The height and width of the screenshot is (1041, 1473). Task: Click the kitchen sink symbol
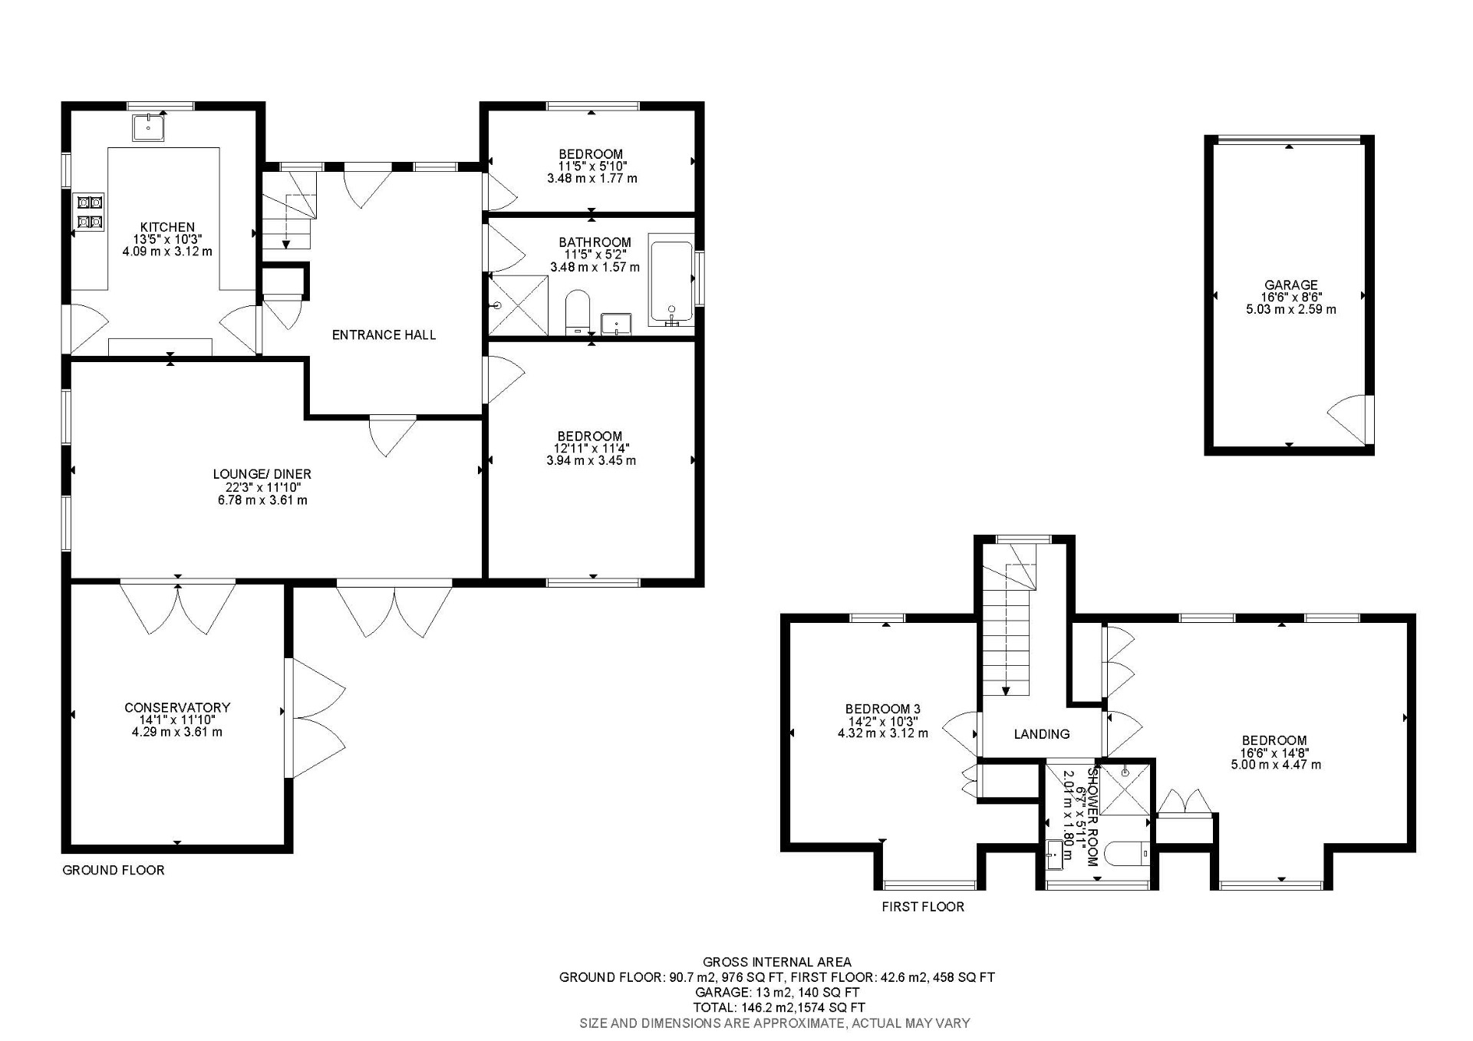click(148, 127)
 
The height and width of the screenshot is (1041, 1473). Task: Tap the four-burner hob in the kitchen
click(88, 212)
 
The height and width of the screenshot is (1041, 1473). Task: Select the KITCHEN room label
click(167, 227)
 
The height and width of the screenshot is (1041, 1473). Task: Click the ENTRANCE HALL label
click(384, 334)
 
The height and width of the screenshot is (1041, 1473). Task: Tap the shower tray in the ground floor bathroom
click(519, 305)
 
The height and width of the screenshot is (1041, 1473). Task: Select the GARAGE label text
click(1291, 285)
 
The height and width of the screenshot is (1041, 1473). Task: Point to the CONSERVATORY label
click(177, 707)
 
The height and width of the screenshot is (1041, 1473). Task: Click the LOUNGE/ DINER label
click(262, 474)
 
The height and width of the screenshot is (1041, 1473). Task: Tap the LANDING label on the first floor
click(1041, 734)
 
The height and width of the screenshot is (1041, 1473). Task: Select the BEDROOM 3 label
click(882, 709)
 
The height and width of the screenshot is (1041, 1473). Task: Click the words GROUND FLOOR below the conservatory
click(114, 870)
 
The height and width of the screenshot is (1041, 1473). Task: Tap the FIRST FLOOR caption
click(922, 907)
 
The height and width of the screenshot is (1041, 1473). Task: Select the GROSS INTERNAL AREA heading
click(776, 962)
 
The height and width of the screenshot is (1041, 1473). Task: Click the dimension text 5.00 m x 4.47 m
click(1276, 765)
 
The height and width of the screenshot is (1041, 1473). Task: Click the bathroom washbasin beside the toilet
click(616, 324)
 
